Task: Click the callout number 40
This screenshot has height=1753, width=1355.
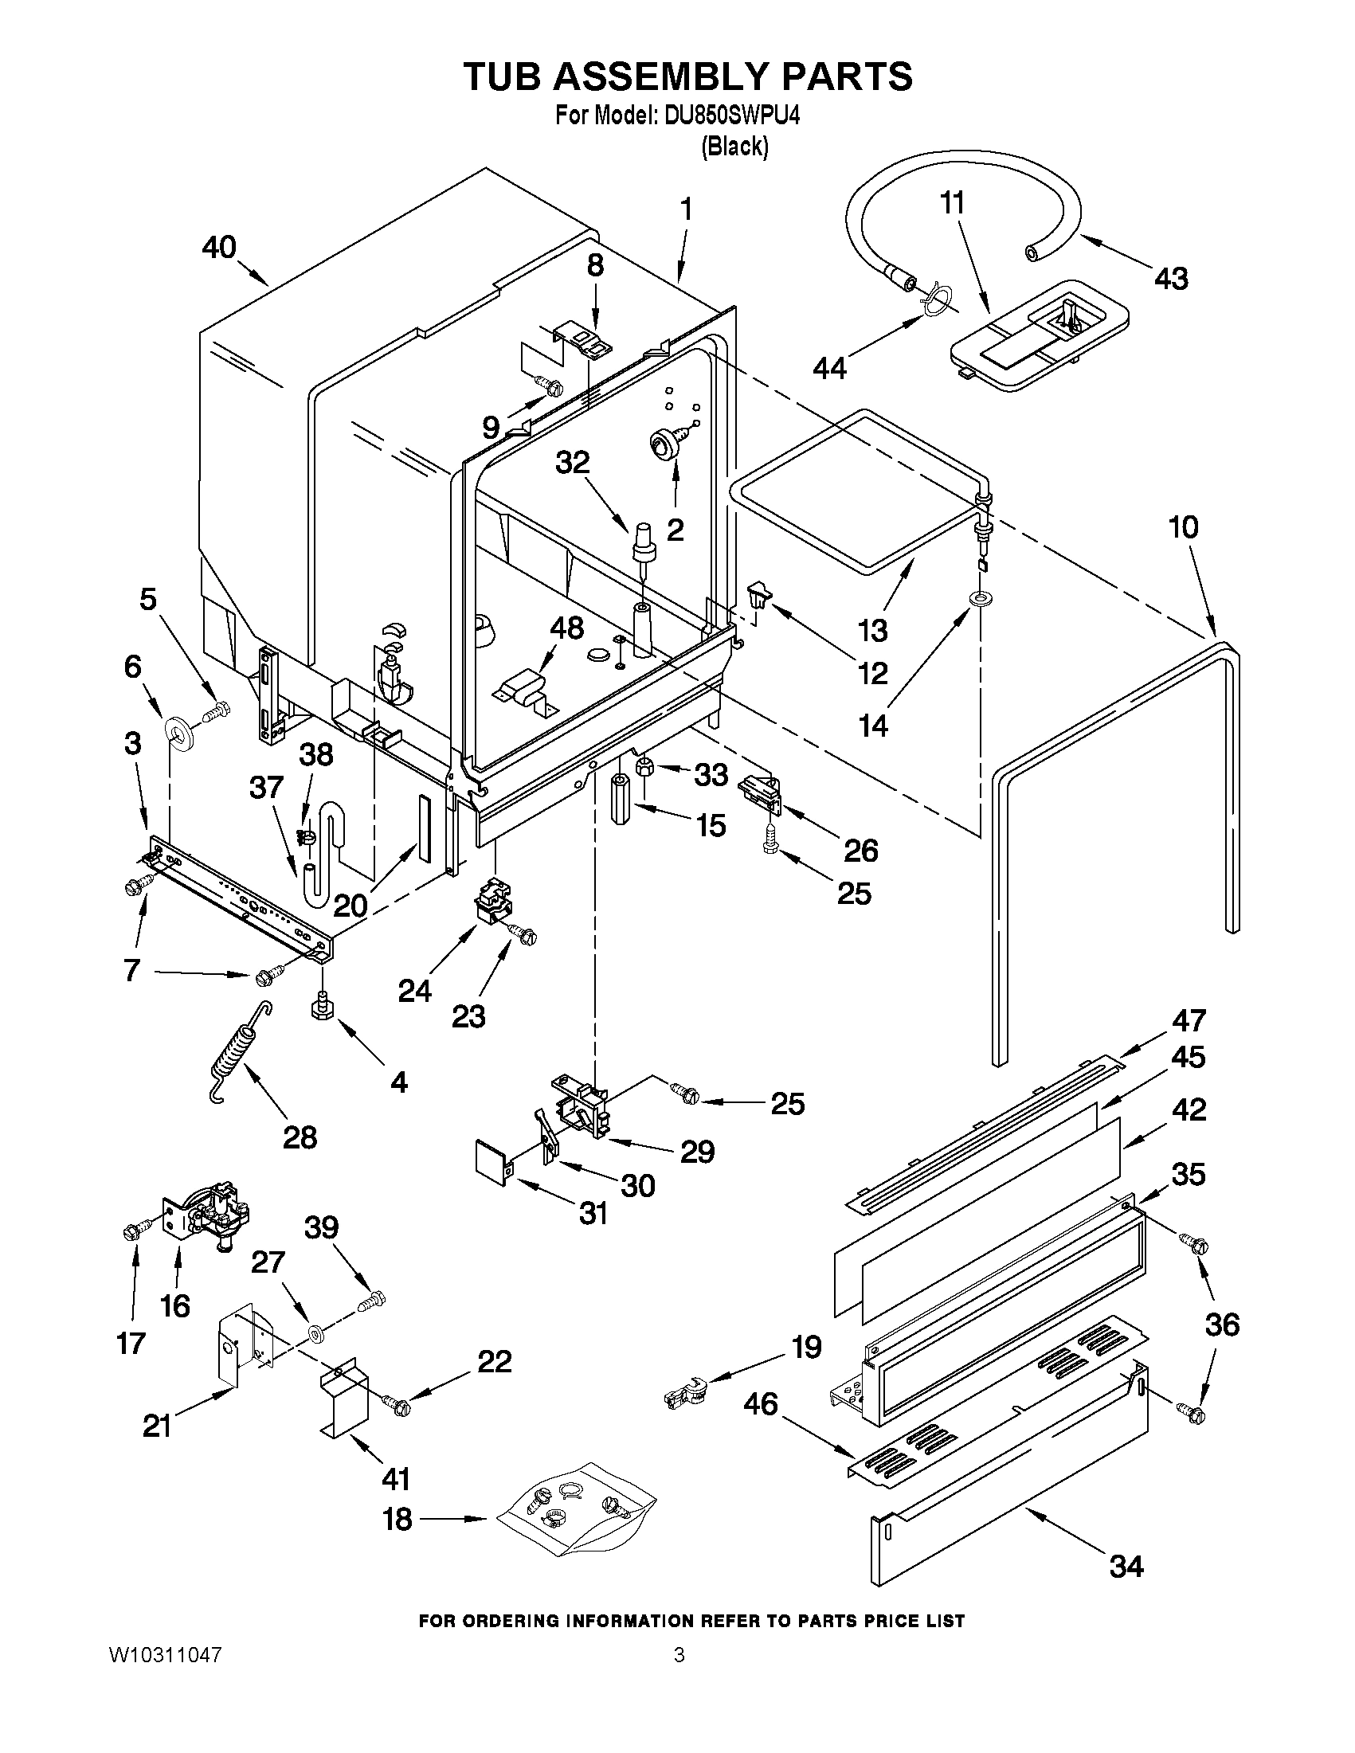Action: point(218,247)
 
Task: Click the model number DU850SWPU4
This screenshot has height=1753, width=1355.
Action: point(732,115)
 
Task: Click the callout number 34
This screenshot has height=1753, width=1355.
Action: point(1126,1565)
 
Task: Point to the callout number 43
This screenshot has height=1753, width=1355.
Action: point(1171,279)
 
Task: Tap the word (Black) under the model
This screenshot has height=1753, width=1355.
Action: point(734,147)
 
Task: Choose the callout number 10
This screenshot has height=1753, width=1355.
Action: point(1183,527)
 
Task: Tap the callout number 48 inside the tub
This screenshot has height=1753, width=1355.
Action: point(566,627)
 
